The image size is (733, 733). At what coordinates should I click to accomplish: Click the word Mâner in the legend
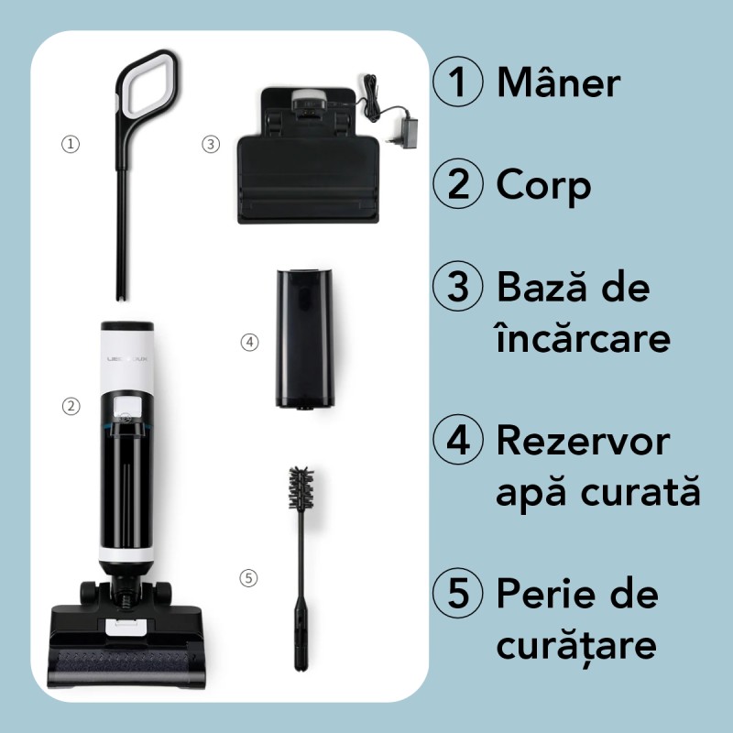(558, 83)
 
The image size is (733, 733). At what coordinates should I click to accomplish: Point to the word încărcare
(583, 338)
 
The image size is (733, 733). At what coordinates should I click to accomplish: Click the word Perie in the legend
(537, 595)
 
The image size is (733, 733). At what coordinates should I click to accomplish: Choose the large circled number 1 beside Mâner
(457, 83)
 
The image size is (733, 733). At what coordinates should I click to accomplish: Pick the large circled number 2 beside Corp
(457, 185)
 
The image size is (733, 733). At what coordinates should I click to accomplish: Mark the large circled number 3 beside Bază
(457, 288)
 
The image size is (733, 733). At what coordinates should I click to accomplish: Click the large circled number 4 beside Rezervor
(457, 442)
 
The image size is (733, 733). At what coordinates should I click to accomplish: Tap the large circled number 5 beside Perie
(457, 595)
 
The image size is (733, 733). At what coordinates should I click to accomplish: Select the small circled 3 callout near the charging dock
(211, 144)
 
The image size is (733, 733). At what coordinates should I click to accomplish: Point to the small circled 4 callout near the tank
(249, 342)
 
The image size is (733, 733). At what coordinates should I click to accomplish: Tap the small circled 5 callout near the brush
(249, 578)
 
